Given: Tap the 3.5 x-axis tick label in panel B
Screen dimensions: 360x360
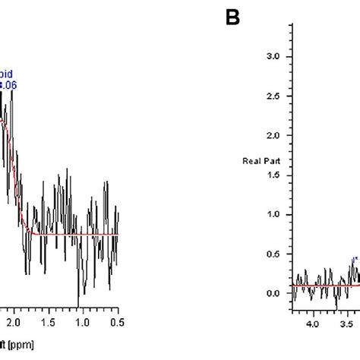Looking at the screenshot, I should [x=346, y=324].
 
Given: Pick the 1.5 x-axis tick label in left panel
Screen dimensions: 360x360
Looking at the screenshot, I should [x=49, y=321].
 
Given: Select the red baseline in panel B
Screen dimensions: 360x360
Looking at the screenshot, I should [x=319, y=286].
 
